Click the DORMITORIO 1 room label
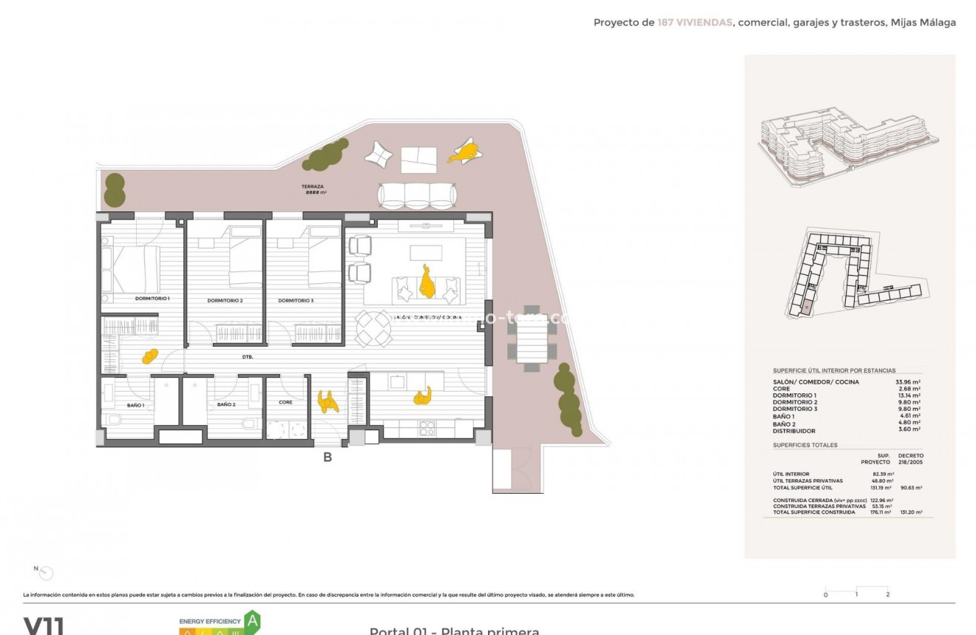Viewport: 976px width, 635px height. (x=152, y=299)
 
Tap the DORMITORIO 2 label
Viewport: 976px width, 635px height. (x=225, y=301)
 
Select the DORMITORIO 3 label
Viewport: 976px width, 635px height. (x=296, y=301)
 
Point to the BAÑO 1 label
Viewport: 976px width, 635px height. (x=135, y=405)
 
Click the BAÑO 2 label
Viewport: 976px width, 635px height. (x=226, y=405)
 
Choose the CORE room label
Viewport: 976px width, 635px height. (x=285, y=402)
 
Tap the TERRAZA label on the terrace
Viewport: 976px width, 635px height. (x=313, y=187)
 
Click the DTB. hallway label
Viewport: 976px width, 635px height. (x=248, y=357)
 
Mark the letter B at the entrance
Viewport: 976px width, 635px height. (x=327, y=458)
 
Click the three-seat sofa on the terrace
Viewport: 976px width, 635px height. (x=416, y=195)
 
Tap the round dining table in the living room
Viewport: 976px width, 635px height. (x=373, y=328)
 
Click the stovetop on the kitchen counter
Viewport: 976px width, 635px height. (x=428, y=428)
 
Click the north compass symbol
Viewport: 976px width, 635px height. (x=45, y=572)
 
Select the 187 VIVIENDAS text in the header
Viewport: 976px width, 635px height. (x=694, y=23)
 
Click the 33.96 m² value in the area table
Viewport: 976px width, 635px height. (x=908, y=382)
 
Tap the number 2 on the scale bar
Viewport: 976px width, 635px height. (x=887, y=594)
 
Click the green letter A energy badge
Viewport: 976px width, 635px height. (x=253, y=619)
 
